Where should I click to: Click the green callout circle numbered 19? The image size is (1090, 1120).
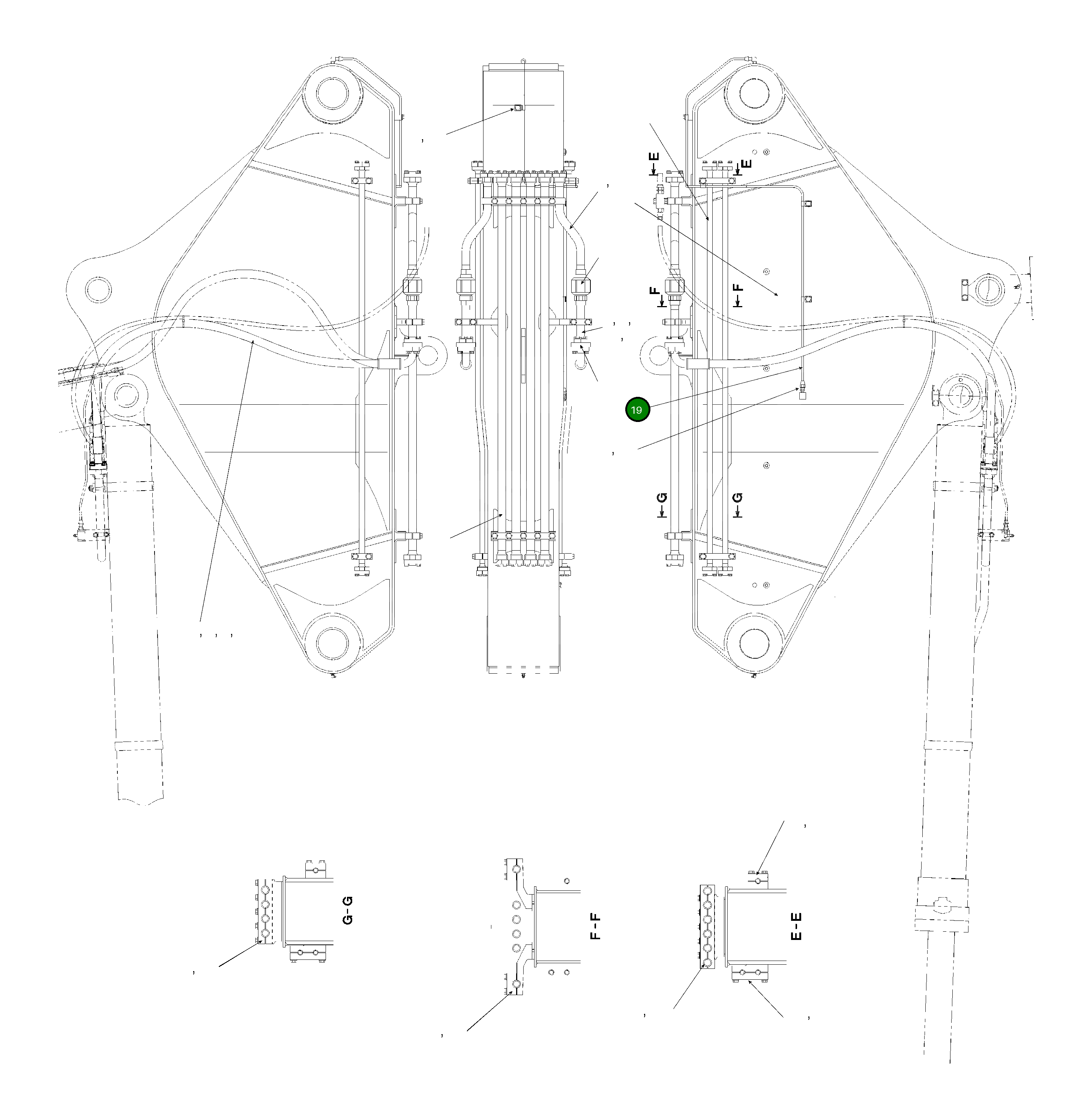[x=637, y=410]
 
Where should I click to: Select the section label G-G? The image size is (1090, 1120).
[x=347, y=910]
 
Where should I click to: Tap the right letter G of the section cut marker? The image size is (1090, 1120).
[x=738, y=498]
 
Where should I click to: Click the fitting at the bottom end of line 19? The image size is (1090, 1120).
[x=802, y=393]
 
